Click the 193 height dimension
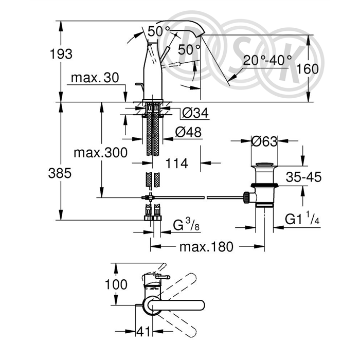click(x=61, y=54)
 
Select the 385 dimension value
click(x=60, y=173)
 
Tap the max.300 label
click(x=101, y=152)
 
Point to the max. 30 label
click(x=95, y=78)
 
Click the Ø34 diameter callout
click(x=195, y=113)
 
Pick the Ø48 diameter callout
click(x=189, y=132)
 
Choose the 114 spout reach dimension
click(x=177, y=164)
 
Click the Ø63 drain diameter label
click(x=264, y=141)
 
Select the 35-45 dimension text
click(x=304, y=177)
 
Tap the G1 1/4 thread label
click(x=302, y=219)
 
